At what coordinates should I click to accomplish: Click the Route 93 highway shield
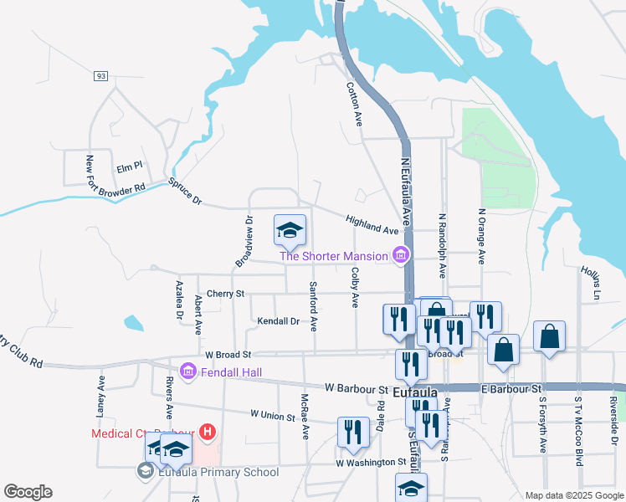(x=100, y=76)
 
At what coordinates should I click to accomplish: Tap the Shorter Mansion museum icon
(x=401, y=255)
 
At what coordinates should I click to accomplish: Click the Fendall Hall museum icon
(x=187, y=370)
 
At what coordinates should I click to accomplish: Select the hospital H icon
(x=208, y=433)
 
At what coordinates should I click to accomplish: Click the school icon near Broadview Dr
(x=290, y=230)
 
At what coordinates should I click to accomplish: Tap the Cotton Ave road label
(x=354, y=103)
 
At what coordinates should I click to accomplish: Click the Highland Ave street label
(x=372, y=223)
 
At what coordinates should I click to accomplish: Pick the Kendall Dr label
(x=278, y=320)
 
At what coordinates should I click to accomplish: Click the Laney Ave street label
(x=100, y=395)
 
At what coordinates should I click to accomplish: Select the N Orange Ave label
(x=481, y=236)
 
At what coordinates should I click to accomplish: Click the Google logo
(x=28, y=492)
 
